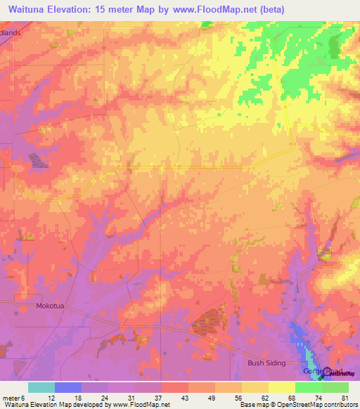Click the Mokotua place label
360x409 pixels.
click(x=49, y=306)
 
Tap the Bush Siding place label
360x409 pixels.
click(x=264, y=363)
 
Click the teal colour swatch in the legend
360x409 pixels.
click(x=41, y=387)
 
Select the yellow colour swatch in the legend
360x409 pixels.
click(x=281, y=387)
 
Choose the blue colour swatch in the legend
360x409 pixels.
click(x=67, y=387)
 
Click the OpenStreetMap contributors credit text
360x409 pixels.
click(x=323, y=404)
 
